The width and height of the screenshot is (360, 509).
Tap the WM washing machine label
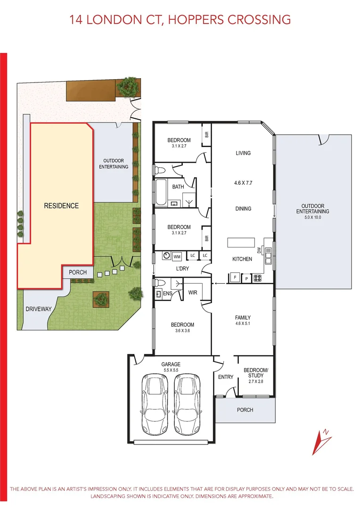coord(177,256)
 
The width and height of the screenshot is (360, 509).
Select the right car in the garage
coord(187,399)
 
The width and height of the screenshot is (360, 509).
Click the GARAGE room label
coord(171,364)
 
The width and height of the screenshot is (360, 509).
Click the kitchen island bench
coord(240,242)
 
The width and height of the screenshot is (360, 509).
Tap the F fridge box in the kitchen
coord(234,278)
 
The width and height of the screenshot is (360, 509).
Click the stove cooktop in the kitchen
coord(258,278)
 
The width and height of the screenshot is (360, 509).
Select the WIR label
coord(193,292)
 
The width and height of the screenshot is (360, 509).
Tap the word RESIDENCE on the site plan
coord(61,205)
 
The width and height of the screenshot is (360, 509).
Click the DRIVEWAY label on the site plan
coord(39,309)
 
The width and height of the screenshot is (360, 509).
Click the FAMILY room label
coord(243,317)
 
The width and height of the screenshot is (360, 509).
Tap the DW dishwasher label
coord(259,251)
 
